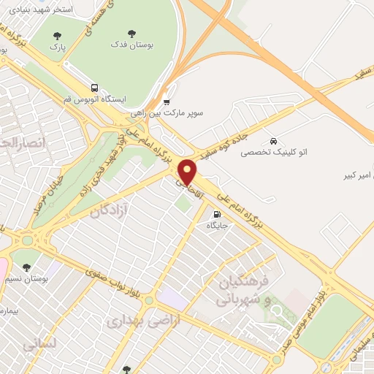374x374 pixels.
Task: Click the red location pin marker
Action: pyautogui.click(x=188, y=172)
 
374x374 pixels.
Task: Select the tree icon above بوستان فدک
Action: pyautogui.click(x=131, y=33)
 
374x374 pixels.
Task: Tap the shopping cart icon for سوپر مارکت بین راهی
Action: pyautogui.click(x=167, y=102)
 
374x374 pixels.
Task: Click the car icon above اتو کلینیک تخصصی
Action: pyautogui.click(x=272, y=140)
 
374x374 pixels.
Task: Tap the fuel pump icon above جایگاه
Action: pyautogui.click(x=216, y=214)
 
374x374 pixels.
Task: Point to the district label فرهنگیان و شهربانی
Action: pyautogui.click(x=245, y=290)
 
